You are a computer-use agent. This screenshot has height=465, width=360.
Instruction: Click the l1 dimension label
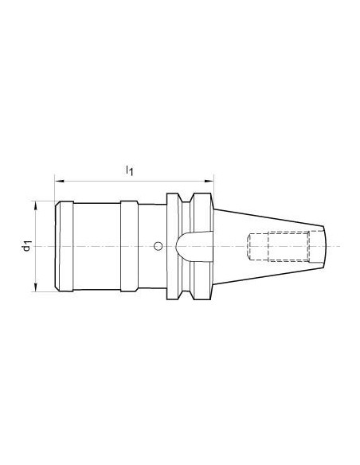click(129, 170)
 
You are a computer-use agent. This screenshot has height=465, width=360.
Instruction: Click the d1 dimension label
click(27, 247)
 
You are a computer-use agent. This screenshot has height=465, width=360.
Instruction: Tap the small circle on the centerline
click(158, 246)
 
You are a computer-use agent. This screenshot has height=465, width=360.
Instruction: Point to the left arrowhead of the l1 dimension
click(60, 181)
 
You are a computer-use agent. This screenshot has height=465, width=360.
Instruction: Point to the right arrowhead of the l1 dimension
click(209, 181)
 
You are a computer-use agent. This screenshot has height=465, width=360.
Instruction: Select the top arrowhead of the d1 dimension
click(36, 205)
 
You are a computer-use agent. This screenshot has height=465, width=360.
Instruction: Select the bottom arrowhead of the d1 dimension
click(36, 287)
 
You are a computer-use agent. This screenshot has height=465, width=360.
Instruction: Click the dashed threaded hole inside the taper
click(279, 247)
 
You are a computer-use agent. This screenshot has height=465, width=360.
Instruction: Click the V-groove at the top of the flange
click(186, 198)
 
